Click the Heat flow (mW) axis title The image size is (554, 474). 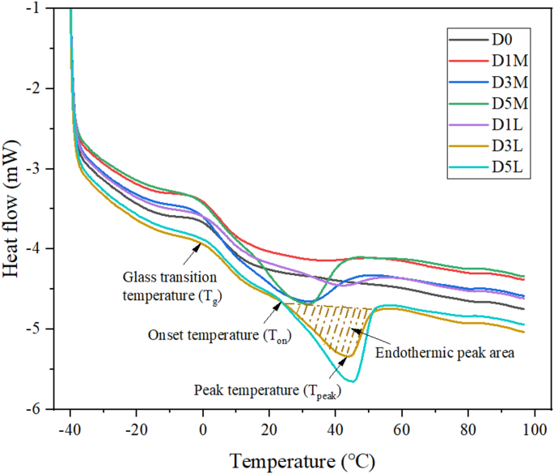coord(14,209)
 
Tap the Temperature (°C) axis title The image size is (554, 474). coord(301,460)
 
